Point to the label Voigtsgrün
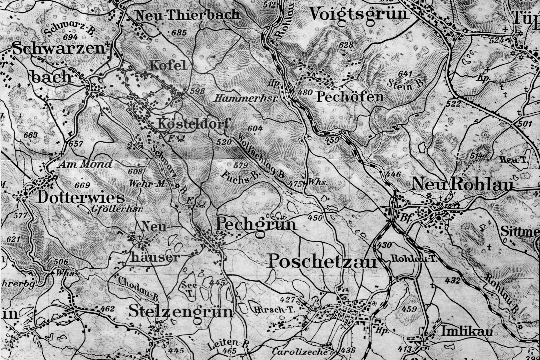point(359,14)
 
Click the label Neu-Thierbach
point(187,15)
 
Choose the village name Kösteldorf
point(194,124)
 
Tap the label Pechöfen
point(350,96)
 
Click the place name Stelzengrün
point(181,312)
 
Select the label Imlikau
point(467,332)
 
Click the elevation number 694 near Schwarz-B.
point(71,38)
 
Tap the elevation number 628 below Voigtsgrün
point(346,45)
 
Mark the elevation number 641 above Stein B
point(405,74)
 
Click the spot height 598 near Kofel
point(197,91)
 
